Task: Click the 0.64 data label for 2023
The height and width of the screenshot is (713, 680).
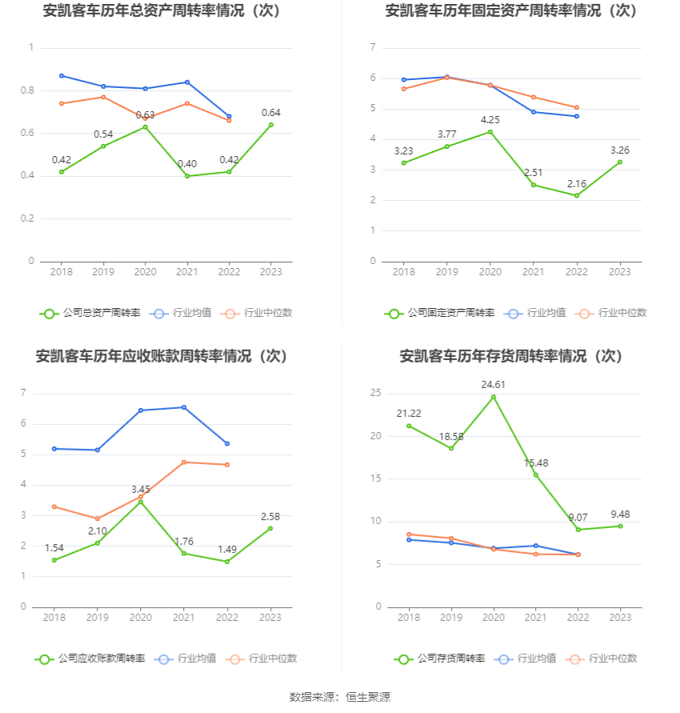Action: click(x=271, y=113)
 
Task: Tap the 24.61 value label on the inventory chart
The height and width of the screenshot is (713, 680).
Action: click(x=494, y=385)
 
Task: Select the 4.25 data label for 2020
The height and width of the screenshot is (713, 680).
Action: click(x=490, y=120)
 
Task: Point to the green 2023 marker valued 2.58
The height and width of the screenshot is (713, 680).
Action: click(x=271, y=528)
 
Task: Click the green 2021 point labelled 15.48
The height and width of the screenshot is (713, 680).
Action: click(x=536, y=475)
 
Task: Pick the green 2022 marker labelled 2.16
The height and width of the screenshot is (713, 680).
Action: click(x=577, y=195)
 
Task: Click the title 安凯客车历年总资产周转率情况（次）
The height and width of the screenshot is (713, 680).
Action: click(x=166, y=11)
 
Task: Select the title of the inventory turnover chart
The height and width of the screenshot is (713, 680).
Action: click(x=510, y=356)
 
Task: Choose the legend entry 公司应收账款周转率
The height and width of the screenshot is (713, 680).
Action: click(x=90, y=659)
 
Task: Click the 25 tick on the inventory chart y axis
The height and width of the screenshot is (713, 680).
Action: click(x=375, y=393)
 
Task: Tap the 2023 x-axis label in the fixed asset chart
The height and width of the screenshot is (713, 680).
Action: click(x=620, y=272)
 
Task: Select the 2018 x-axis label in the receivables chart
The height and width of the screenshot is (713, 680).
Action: click(x=54, y=618)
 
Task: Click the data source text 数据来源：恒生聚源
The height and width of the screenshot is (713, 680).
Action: click(x=339, y=697)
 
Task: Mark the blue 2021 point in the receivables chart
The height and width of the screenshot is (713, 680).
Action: click(x=184, y=407)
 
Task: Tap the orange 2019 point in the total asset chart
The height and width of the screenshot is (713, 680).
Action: click(x=103, y=97)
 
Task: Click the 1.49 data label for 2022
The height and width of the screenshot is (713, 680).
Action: click(x=228, y=549)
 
